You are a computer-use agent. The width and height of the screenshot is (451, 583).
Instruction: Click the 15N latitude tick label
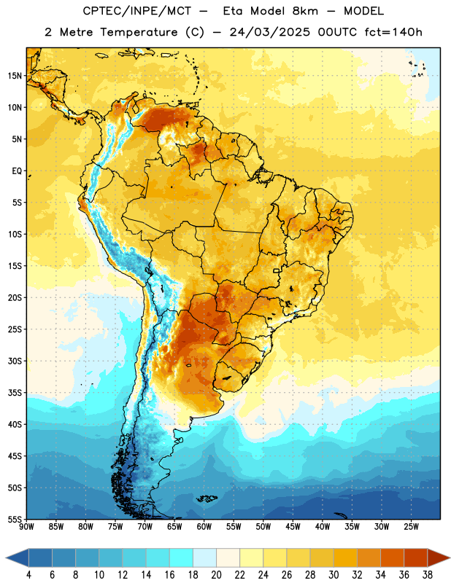tap(15, 76)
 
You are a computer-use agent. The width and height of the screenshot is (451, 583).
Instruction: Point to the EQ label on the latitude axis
tap(17, 171)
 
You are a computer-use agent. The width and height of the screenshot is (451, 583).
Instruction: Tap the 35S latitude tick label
tap(15, 393)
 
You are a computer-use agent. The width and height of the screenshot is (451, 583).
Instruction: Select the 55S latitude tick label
tap(15, 519)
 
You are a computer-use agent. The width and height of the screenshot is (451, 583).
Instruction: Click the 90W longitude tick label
tap(27, 527)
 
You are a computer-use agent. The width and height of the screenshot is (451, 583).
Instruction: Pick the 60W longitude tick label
tap(204, 527)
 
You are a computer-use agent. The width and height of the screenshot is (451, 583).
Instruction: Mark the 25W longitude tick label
tap(411, 527)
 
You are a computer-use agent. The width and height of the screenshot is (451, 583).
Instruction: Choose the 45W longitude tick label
tap(293, 527)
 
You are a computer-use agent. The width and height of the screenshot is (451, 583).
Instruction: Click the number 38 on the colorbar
tap(428, 575)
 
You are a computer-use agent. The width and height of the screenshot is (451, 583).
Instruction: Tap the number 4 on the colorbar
tap(28, 575)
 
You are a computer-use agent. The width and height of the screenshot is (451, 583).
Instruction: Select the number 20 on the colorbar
tap(216, 575)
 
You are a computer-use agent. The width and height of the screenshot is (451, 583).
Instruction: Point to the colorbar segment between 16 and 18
tap(182, 558)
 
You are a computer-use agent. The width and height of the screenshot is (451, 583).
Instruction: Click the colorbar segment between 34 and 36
tap(393, 558)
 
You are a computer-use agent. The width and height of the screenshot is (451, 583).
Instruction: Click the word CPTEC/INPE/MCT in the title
tap(136, 11)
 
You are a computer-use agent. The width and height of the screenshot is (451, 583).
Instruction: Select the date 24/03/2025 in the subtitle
tap(270, 32)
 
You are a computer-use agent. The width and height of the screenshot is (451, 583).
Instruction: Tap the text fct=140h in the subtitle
tap(393, 32)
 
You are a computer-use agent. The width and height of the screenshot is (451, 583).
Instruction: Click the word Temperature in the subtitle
tap(139, 33)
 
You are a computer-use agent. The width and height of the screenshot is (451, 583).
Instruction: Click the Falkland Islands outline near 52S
tap(207, 498)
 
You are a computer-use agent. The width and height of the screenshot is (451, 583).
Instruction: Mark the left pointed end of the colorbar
tap(7, 558)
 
